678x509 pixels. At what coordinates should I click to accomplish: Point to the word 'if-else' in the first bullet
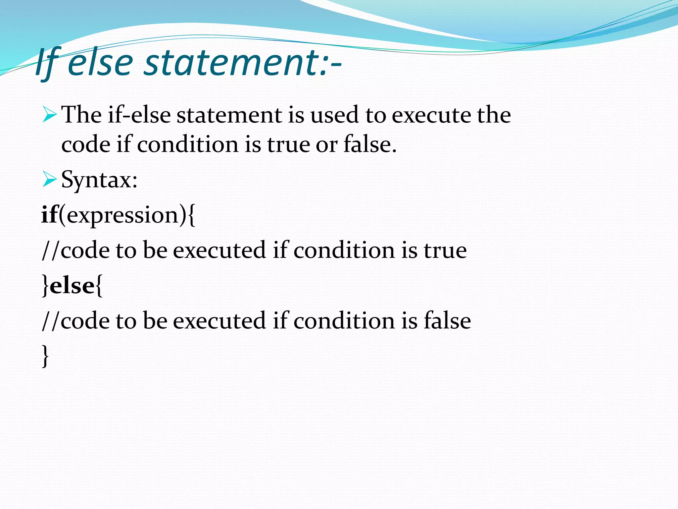[139, 115]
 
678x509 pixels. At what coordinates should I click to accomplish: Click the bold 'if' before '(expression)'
[49, 215]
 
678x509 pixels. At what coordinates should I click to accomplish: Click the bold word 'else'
[72, 286]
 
